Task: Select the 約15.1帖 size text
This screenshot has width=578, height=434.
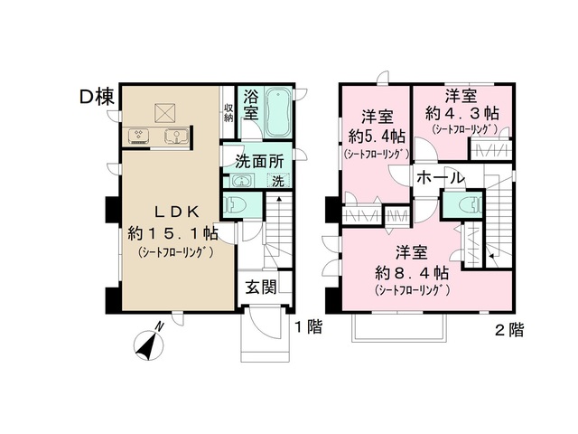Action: pyautogui.click(x=170, y=234)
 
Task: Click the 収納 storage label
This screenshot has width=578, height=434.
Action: pyautogui.click(x=229, y=112)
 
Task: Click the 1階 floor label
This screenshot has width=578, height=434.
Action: pyautogui.click(x=308, y=327)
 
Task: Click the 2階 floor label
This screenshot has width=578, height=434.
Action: pyautogui.click(x=508, y=329)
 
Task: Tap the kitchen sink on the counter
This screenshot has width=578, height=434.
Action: pyautogui.click(x=175, y=137)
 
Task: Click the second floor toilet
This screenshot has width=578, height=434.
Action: pyautogui.click(x=464, y=206)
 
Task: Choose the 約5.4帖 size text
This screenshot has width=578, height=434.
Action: pyautogui.click(x=375, y=137)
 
